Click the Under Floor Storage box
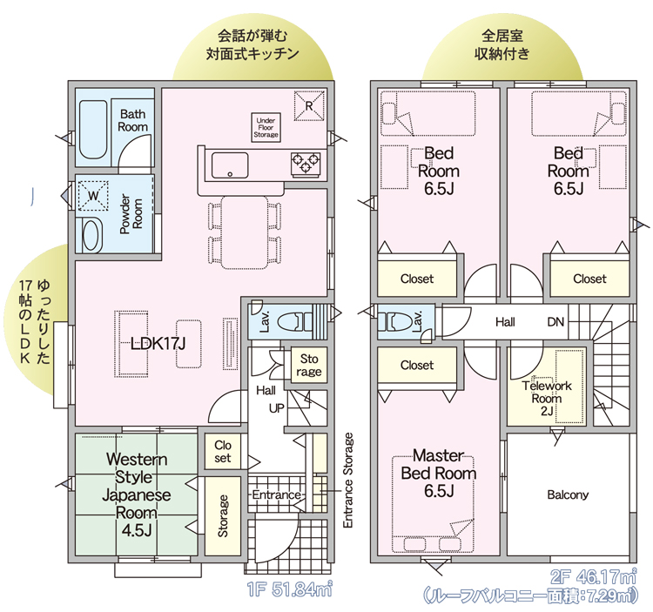266,127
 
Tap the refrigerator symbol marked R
309,106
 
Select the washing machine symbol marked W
93,196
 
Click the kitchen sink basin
230,165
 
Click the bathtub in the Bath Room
93,130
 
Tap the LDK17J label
158,344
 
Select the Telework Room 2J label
547,399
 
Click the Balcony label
568,494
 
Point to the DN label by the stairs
555,322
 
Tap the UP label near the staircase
277,408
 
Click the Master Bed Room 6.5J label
439,474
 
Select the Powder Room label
131,213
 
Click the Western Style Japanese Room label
137,494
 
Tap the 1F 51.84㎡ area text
290,589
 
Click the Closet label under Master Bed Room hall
417,365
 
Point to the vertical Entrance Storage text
348,481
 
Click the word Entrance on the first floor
277,494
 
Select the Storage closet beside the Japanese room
223,516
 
